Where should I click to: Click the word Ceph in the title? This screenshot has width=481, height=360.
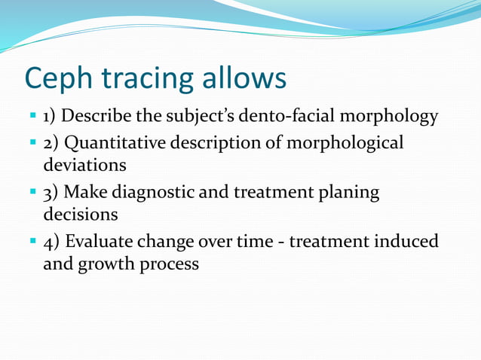pos(57,79)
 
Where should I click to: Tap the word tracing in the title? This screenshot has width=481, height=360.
pos(142,79)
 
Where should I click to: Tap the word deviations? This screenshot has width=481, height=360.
pos(84,163)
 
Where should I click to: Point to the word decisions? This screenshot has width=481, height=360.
pos(81,214)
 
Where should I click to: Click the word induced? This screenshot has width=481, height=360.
pos(408,242)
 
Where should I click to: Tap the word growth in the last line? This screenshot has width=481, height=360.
pos(106,264)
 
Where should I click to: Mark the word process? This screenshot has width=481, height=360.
pos(170,264)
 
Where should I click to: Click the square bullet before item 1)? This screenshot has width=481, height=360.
pos(33,117)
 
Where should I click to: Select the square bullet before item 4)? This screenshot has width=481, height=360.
pos(33,242)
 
